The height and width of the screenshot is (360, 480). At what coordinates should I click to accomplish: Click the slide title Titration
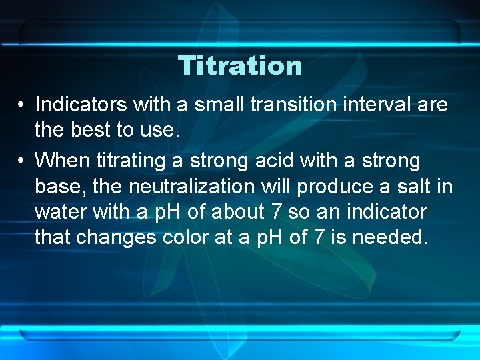(x=240, y=66)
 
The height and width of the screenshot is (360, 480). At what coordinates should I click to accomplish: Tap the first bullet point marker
(x=23, y=105)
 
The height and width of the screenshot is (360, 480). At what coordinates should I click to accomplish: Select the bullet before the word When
(x=23, y=161)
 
